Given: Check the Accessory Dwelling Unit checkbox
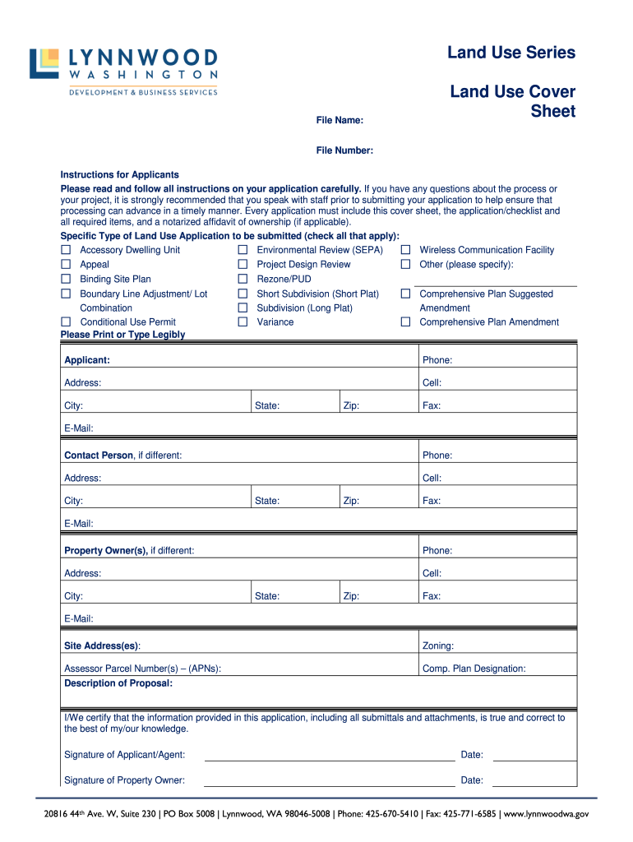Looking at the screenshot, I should coord(66,250).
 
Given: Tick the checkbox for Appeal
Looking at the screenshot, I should coord(66,265).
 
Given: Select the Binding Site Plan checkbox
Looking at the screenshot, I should coord(66,280).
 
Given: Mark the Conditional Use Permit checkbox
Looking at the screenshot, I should coord(66,322).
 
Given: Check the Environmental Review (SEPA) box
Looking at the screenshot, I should coord(243,250).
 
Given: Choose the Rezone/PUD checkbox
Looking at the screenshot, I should coord(243,280).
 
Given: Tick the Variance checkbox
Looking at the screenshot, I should coord(243,322).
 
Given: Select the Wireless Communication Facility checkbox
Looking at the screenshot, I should coord(405,250).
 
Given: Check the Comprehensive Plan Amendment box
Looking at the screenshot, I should coord(405,322).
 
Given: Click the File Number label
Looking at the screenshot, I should coord(344,150).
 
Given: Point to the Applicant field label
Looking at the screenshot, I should coord(87,360).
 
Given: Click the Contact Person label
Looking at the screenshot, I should coord(99,456).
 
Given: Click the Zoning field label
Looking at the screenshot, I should coord(437,646).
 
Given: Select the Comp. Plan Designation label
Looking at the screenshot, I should coord(474,669).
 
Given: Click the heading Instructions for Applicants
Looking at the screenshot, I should coord(120,175).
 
